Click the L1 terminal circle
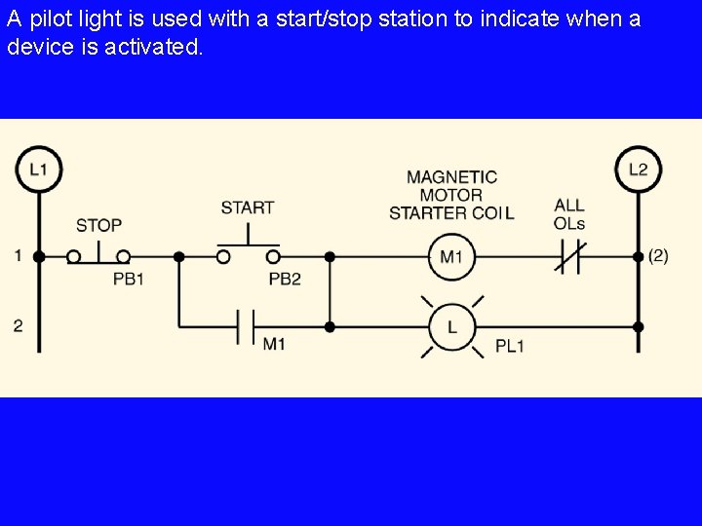(39, 169)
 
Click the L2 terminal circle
(638, 169)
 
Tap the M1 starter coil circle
(451, 257)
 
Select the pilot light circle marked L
(451, 327)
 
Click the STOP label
(98, 225)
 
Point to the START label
(248, 207)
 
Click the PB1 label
(129, 279)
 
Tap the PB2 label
(285, 279)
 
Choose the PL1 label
(510, 346)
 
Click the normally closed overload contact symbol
(568, 257)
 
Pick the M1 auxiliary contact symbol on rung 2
(247, 327)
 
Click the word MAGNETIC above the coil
(451, 177)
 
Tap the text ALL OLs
(568, 214)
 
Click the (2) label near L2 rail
(658, 256)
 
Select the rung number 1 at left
(18, 256)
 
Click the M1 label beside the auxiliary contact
(274, 344)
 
